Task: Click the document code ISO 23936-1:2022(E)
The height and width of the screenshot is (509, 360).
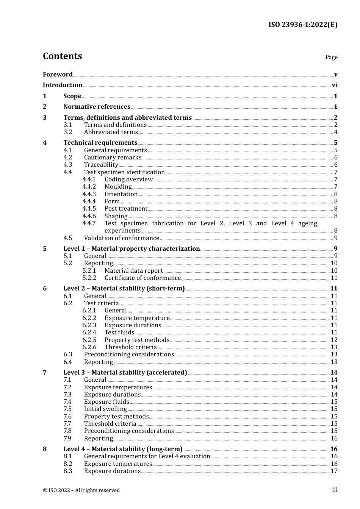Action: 303,25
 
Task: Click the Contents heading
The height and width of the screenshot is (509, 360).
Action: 62,56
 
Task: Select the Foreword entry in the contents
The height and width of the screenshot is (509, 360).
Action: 58,74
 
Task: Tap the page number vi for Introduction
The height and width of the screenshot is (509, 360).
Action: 335,85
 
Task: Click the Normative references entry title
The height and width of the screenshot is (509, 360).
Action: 97,107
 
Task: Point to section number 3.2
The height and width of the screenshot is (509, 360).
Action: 68,132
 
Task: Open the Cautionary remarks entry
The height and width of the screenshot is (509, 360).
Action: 113,158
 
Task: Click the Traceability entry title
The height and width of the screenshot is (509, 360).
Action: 101,165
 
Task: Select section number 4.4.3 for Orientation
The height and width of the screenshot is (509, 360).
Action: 89,194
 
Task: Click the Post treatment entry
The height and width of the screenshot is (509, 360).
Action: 126,209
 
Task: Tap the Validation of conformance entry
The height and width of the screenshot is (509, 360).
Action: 121,238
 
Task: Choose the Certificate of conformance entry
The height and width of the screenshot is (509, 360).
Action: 142,278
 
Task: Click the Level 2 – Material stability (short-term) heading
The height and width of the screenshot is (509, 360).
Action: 124,289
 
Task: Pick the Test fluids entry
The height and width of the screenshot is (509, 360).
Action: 119,333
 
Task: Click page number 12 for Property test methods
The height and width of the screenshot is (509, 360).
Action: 334,340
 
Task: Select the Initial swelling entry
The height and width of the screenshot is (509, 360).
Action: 105,409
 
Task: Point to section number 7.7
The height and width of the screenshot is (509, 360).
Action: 67,424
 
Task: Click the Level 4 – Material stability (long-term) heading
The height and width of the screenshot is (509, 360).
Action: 123,449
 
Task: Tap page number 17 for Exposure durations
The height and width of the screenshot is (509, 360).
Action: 334,471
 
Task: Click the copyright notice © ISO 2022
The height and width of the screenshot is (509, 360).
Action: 81,490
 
